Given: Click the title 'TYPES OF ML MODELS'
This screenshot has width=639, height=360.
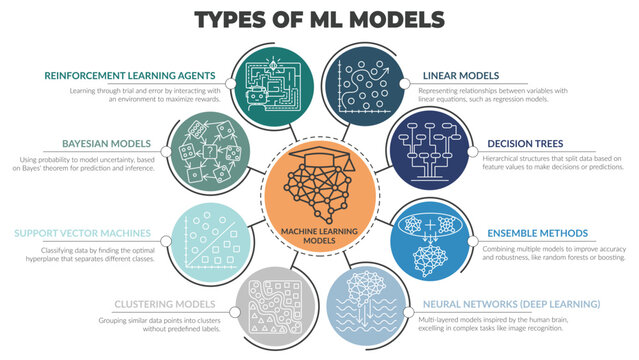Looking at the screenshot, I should point(319,19).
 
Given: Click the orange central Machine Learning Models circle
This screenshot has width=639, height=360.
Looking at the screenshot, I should point(318,191).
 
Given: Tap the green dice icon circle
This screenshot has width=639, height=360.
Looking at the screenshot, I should point(208,149).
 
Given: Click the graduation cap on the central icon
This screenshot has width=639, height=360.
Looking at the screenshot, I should point(318,154).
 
